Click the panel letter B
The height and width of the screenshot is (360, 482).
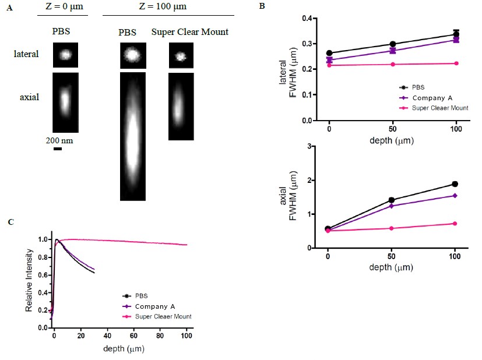click(262, 7)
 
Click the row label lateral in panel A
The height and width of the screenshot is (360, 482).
click(27, 54)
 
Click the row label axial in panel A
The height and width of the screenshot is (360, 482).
click(29, 97)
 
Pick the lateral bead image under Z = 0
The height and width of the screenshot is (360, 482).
click(65, 55)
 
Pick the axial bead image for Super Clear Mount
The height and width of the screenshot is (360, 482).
click(181, 106)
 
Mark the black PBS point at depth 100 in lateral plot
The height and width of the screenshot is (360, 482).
click(456, 34)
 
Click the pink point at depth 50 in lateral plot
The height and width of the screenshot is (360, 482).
click(393, 64)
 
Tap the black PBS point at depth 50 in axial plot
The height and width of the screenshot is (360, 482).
click(393, 200)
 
